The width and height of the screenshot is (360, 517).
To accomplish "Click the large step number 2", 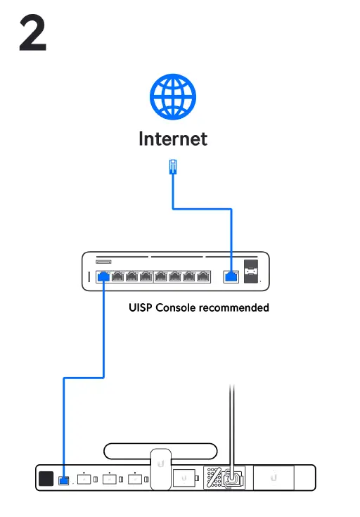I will [x=33, y=34].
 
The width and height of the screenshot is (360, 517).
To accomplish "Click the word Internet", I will [x=173, y=139].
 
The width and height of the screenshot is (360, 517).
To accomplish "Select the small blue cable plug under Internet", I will [x=173, y=167].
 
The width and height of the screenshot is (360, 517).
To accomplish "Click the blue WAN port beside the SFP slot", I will [x=231, y=276].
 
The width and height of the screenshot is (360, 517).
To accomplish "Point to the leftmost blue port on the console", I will [x=103, y=276].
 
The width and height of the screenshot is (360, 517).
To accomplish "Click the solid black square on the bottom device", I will [x=46, y=479].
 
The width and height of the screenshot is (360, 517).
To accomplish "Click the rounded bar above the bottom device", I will [x=160, y=451].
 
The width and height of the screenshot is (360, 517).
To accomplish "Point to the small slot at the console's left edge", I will [x=88, y=277].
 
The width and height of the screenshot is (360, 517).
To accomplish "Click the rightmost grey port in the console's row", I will [x=203, y=276].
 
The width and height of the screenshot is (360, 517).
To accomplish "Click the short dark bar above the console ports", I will [x=108, y=261].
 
